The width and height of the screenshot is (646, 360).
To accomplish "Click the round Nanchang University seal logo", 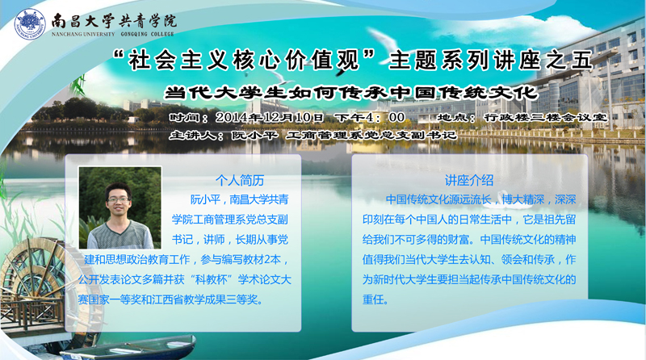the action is (x=30, y=24).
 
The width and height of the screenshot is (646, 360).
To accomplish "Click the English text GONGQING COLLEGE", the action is (x=147, y=34).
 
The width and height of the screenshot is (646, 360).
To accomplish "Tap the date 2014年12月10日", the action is (x=270, y=117).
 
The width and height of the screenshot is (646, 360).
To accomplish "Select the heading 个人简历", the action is (x=240, y=181).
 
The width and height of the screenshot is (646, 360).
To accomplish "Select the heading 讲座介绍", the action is (x=469, y=181).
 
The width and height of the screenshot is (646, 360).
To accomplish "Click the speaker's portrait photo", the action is (x=120, y=207).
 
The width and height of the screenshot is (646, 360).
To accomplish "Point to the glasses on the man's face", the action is (x=119, y=199).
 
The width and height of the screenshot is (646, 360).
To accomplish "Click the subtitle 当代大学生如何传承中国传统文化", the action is (x=351, y=93).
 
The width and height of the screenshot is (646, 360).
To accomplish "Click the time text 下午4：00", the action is (x=369, y=117).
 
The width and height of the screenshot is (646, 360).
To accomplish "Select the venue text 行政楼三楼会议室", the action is (x=546, y=117).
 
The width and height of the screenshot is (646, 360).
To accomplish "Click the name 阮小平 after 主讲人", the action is (x=254, y=135).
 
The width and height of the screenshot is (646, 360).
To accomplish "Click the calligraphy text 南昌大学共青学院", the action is (x=114, y=21).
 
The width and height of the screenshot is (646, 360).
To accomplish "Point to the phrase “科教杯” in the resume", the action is (x=211, y=279).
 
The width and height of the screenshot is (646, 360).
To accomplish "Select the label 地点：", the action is (x=456, y=117).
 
